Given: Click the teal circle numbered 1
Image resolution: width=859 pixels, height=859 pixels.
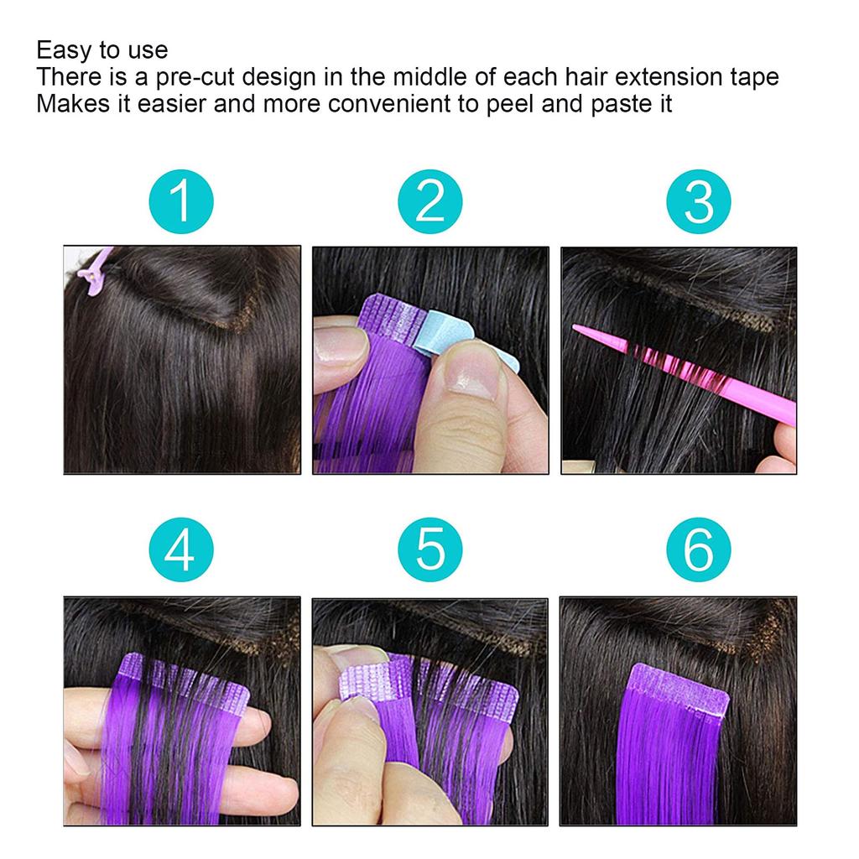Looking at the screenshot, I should pos(181,201).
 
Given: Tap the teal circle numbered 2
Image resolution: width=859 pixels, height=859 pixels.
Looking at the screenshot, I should pos(430,201).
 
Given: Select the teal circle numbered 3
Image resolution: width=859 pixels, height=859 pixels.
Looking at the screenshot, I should pos(699,201).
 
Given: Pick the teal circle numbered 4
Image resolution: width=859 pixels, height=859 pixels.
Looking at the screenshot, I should pos(181,551).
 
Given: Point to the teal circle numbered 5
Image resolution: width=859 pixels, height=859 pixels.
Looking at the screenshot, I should pos(430,551).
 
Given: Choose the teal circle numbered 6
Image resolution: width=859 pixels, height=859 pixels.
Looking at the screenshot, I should pos(699,551).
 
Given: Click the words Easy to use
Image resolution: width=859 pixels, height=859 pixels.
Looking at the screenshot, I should pos(102,49).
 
